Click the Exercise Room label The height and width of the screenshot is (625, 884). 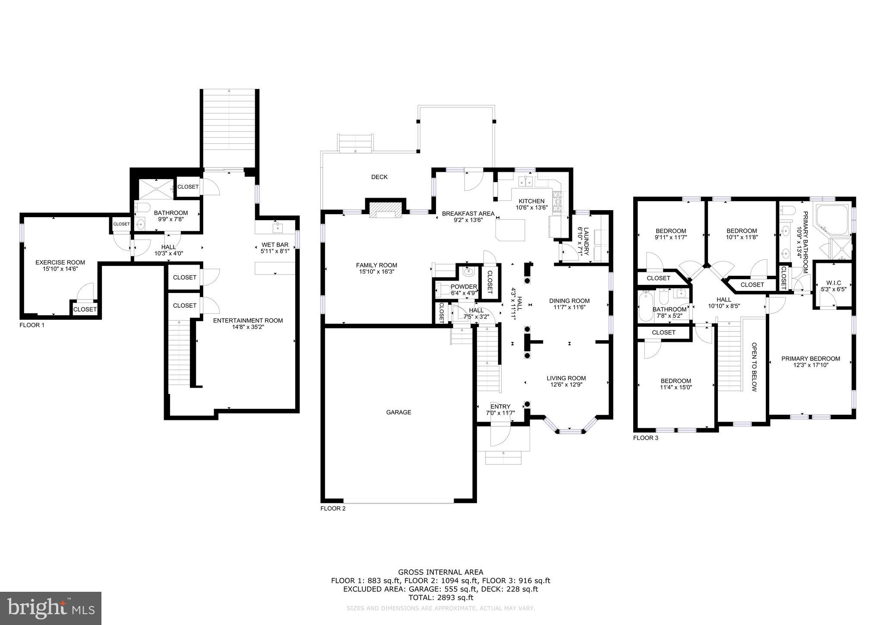pyautogui.click(x=60, y=262)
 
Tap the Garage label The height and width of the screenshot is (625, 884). pyautogui.click(x=398, y=412)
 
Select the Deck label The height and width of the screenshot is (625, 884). pyautogui.click(x=379, y=177)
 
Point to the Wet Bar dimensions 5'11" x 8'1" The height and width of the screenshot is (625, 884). pyautogui.click(x=275, y=250)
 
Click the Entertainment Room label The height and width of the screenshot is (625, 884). pyautogui.click(x=248, y=320)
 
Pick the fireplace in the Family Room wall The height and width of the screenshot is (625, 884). pyautogui.click(x=385, y=208)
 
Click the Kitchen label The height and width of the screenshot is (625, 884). pyautogui.click(x=531, y=201)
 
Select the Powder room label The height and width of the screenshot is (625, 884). pyautogui.click(x=464, y=287)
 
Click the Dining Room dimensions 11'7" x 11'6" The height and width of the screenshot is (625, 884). pyautogui.click(x=569, y=307)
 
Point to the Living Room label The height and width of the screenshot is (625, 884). pyautogui.click(x=566, y=378)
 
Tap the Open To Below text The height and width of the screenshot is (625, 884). pyautogui.click(x=754, y=367)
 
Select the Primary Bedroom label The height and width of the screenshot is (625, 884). pyautogui.click(x=811, y=358)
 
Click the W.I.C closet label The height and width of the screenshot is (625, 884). pyautogui.click(x=833, y=283)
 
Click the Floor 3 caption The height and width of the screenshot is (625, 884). pyautogui.click(x=646, y=438)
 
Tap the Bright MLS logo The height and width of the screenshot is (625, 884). pyautogui.click(x=51, y=608)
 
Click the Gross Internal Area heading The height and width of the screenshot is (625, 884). pyautogui.click(x=440, y=572)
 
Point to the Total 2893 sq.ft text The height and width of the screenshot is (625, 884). pyautogui.click(x=440, y=597)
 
